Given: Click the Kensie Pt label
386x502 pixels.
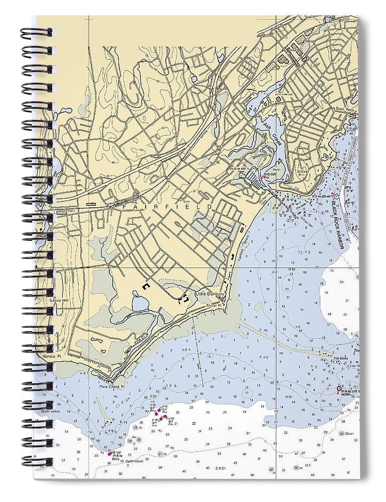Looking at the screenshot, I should [48, 355].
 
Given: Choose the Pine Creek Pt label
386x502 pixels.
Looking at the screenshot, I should [111, 387].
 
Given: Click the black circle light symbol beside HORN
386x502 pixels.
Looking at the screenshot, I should [339, 389].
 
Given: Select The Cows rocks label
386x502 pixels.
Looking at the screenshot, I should [340, 358].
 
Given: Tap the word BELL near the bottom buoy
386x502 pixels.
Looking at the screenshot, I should [116, 458].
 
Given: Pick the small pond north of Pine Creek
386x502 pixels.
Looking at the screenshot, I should [137, 303].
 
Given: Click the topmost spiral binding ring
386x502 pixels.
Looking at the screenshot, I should [36, 33].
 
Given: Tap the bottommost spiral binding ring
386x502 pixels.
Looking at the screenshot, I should [36, 461].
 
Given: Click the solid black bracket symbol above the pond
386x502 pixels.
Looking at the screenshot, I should [146, 286].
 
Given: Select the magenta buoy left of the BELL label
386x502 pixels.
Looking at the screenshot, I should [110, 454].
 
